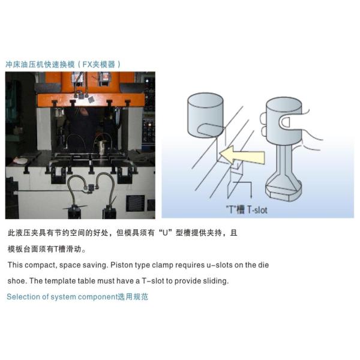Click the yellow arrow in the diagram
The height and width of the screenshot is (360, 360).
[x=242, y=155]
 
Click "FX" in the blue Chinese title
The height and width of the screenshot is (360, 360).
[x=87, y=65]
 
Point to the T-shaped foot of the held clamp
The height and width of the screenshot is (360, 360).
[x=283, y=188]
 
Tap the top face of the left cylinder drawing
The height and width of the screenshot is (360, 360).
[x=205, y=101]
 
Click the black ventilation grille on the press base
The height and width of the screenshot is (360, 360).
[x=136, y=203]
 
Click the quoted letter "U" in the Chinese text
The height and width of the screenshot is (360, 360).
[x=166, y=233]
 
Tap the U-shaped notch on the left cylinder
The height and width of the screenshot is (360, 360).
[x=210, y=130]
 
